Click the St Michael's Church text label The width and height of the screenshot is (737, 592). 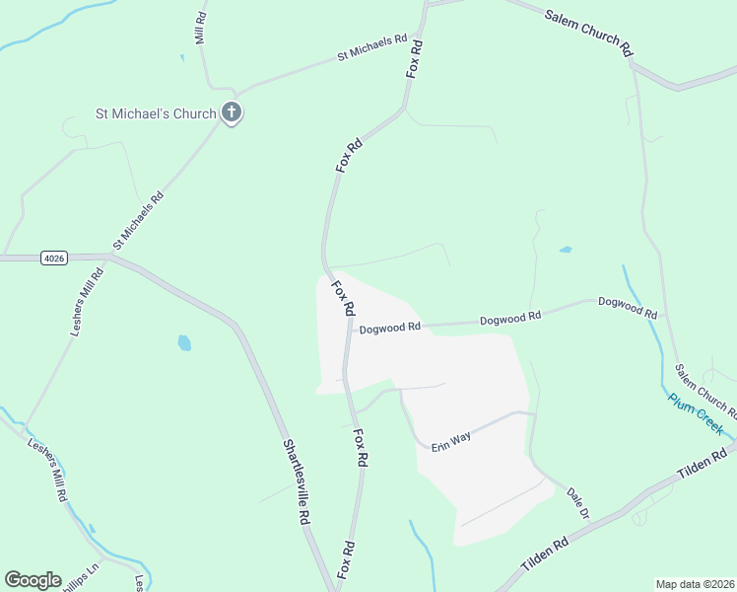(x=155, y=113)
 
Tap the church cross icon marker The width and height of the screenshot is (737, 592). (x=232, y=112)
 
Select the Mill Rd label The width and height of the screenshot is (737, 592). (x=200, y=29)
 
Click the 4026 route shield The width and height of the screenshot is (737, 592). (x=54, y=259)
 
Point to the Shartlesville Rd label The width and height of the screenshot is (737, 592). (x=298, y=481)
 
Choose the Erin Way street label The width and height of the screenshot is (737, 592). (x=451, y=439)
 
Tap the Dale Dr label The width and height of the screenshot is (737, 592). (x=577, y=502)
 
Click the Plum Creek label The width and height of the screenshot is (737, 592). (x=696, y=414)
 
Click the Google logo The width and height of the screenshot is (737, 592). (x=33, y=580)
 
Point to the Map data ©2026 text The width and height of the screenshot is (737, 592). (x=695, y=583)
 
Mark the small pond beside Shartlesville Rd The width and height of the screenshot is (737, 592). (x=184, y=343)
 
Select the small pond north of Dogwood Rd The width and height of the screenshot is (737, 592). (x=566, y=250)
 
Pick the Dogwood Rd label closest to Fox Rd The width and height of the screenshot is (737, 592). (x=390, y=328)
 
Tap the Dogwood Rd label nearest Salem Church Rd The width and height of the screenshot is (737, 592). (x=628, y=307)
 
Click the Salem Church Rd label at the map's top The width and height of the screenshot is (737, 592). (x=588, y=29)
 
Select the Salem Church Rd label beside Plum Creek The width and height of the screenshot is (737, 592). (x=704, y=390)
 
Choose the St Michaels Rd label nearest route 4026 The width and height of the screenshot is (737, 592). (x=138, y=220)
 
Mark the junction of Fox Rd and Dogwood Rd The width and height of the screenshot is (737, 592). (x=348, y=330)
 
